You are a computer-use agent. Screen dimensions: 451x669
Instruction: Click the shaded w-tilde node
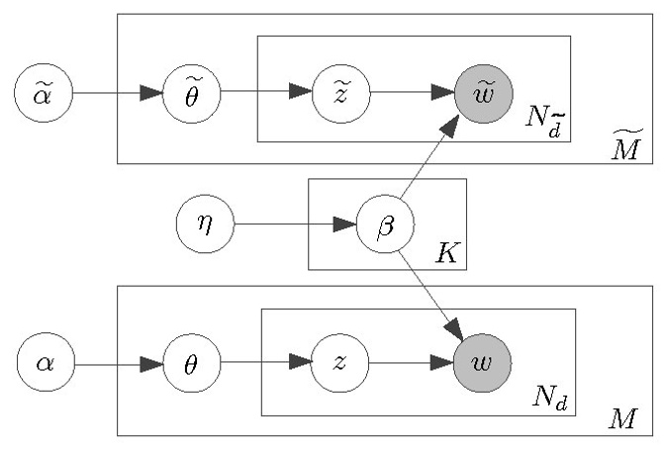(x=483, y=94)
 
